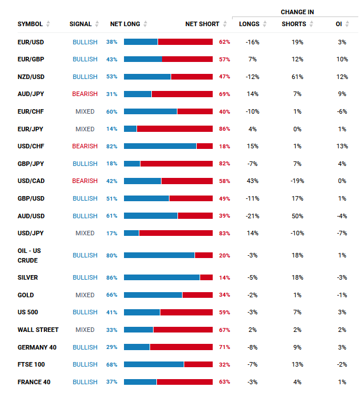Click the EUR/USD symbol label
coord(31,42)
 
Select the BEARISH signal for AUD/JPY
coord(85,94)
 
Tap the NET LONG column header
coord(125,24)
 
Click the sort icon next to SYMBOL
coord(48,24)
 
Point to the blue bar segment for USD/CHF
coord(160,146)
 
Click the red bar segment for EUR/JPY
coord(175,129)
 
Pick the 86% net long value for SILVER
coord(111,277)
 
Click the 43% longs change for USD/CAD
coord(253,181)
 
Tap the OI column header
coord(339,24)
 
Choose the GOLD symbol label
coord(26,295)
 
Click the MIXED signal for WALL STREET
coord(85,330)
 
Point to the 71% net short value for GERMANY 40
coord(224,347)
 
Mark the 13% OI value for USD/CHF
coord(342,146)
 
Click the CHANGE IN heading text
coord(297,12)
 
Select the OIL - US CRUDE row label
coord(29,255)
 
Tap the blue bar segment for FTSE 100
coord(154,364)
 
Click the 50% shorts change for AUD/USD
coord(297,216)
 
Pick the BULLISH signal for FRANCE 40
coord(85,382)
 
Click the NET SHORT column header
coord(202,24)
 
